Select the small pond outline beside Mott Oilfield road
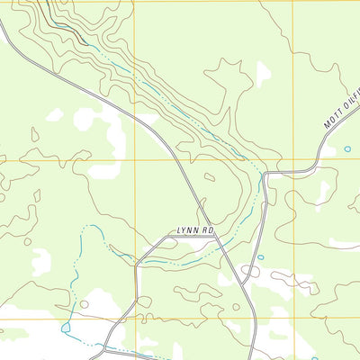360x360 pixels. click(x=347, y=149)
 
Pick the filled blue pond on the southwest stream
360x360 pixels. click(x=65, y=328)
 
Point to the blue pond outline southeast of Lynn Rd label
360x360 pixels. click(x=261, y=258)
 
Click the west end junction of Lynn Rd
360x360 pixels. click(x=136, y=265)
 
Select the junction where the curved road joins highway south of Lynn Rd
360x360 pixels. click(x=241, y=273)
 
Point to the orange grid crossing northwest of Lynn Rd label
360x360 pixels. click(x=134, y=161)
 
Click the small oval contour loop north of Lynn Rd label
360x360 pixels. click(x=209, y=177)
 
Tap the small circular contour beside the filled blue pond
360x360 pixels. click(x=84, y=304)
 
